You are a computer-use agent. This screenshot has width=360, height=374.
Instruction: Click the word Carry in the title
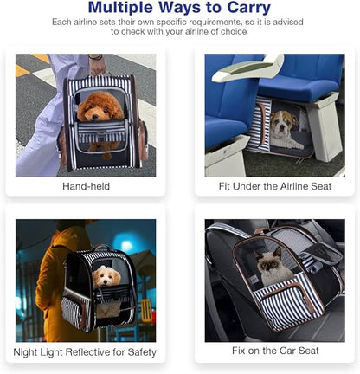[248, 8]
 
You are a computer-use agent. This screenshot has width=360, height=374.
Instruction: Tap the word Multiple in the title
[120, 8]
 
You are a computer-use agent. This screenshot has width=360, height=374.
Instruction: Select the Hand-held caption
[86, 186]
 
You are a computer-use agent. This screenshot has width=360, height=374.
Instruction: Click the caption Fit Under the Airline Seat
[275, 186]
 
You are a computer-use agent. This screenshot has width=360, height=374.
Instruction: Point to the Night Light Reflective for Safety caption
[85, 352]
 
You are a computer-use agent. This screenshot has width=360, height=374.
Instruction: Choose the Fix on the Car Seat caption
[275, 351]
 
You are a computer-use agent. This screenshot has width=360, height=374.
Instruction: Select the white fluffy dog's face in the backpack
[106, 276]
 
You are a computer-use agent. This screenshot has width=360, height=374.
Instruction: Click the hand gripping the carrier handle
[97, 67]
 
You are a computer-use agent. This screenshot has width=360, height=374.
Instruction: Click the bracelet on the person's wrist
[96, 57]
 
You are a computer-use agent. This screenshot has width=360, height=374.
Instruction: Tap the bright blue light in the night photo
[126, 245]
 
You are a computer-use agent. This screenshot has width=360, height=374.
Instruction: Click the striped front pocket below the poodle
[101, 132]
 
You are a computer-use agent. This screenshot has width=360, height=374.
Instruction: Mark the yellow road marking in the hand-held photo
[41, 58]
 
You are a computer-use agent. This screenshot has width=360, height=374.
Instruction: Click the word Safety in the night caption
[142, 352]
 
